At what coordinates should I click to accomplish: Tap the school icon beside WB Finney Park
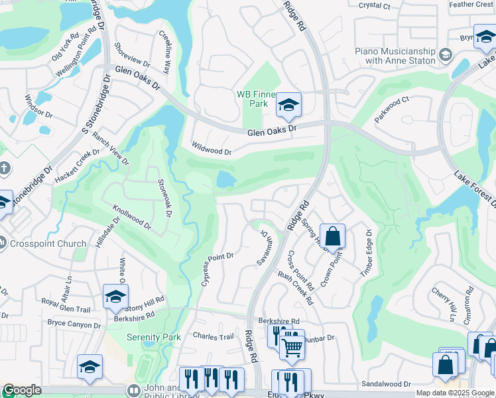click(288, 105)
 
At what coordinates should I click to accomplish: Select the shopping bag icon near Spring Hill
click(332, 236)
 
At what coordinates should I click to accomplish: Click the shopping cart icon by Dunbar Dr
click(292, 346)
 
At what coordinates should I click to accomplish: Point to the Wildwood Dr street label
click(211, 147)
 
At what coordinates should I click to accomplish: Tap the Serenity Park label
click(154, 337)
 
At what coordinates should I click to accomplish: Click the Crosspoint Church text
click(48, 243)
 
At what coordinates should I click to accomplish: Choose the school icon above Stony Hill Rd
click(115, 297)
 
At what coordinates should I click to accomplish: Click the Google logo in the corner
click(22, 391)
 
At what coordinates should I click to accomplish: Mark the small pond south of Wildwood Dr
click(226, 178)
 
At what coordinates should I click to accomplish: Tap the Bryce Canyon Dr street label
click(74, 324)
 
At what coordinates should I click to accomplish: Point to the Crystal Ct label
click(374, 5)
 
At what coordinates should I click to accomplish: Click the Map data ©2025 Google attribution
click(455, 393)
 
